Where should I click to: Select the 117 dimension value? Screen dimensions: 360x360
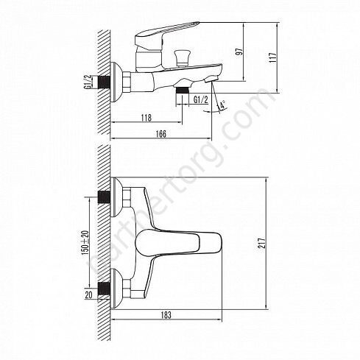coord(272,58)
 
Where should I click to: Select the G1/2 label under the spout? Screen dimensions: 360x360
coord(199,98)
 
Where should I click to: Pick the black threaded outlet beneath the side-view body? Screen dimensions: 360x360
coord(180,95)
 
